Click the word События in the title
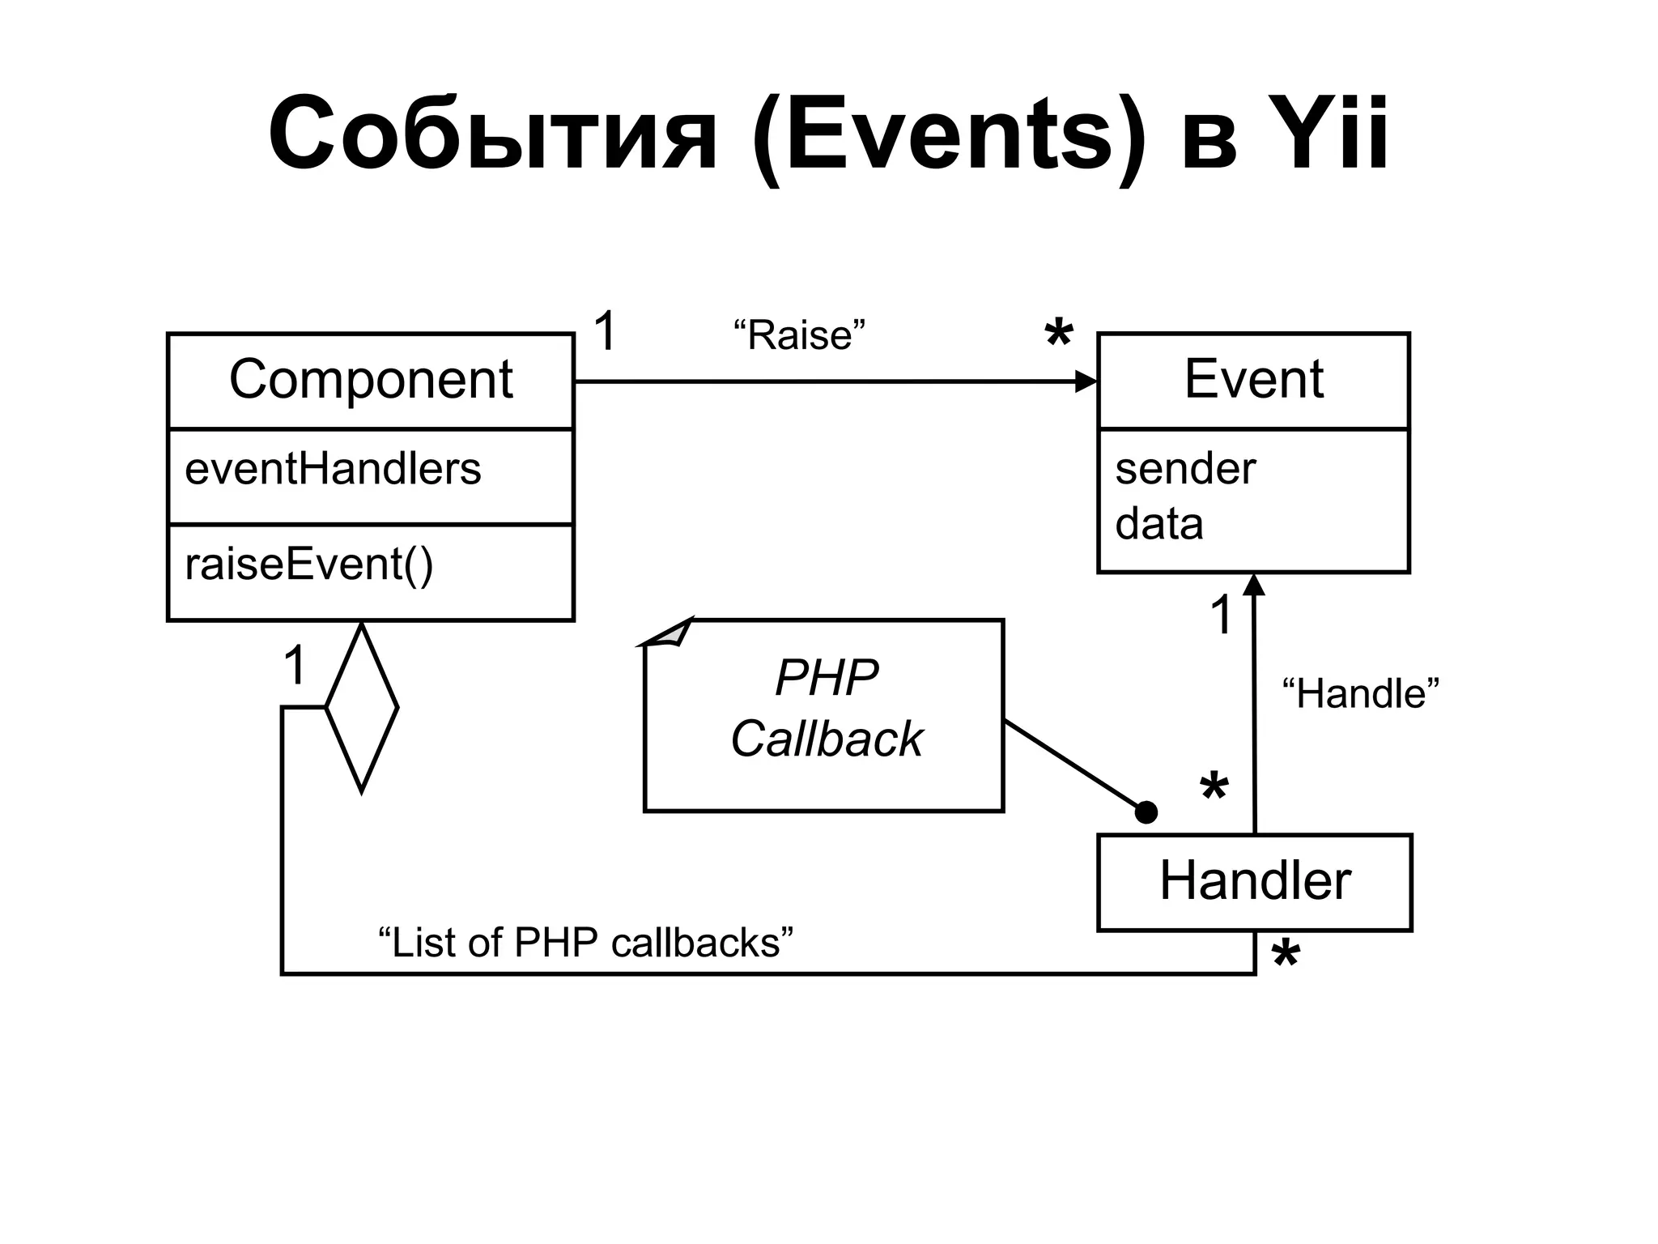(x=492, y=134)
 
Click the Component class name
(x=371, y=379)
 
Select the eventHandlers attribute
(x=333, y=470)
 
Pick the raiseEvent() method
(x=309, y=564)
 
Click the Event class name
(x=1253, y=379)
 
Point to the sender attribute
(x=1184, y=470)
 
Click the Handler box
(x=1254, y=881)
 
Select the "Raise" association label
(x=799, y=335)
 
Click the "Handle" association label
(x=1360, y=694)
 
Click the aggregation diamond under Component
(x=361, y=707)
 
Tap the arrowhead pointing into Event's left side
(x=1086, y=381)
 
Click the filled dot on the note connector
(x=1146, y=812)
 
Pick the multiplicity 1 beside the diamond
(x=295, y=667)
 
